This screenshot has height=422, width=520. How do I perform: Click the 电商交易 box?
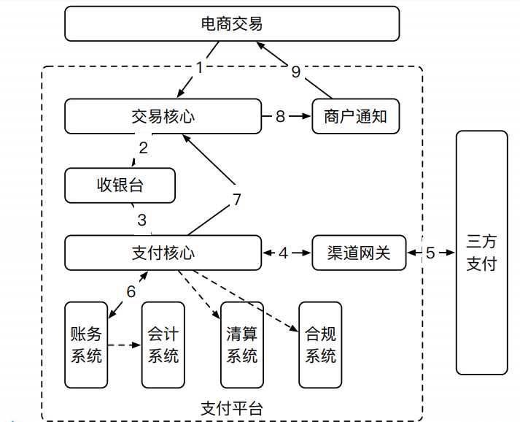[232, 24]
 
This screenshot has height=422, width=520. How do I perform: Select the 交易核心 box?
[163, 116]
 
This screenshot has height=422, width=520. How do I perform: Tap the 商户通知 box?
[356, 116]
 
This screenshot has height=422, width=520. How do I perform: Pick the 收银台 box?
[120, 185]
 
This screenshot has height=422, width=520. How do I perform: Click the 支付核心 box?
[163, 253]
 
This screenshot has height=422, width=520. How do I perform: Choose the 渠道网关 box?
[359, 253]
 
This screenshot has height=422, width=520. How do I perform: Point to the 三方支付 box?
[481, 253]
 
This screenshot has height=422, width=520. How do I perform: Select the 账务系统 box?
[86, 345]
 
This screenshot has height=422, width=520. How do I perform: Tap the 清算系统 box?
[242, 345]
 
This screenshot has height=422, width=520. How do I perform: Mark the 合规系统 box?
[320, 345]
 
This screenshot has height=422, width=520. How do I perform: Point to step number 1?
[199, 68]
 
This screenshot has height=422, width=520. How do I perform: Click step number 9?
[295, 71]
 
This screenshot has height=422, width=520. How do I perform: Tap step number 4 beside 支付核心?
[284, 253]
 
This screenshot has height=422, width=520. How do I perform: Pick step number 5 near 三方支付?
[430, 253]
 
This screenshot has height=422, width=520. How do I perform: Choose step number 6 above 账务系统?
[131, 291]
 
